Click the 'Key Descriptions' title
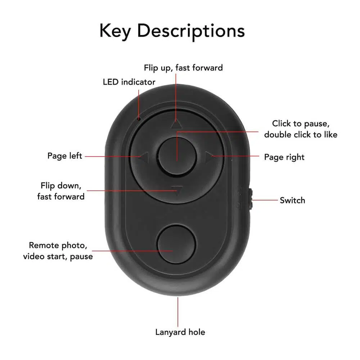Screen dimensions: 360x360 point(172,32)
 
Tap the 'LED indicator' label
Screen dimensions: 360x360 point(129,82)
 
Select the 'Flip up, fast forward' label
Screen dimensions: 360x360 point(183,68)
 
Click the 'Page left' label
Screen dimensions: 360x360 point(65,156)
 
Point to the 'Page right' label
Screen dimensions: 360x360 point(284,157)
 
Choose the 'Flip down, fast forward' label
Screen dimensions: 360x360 point(61,191)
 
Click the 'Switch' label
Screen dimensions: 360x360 point(292,200)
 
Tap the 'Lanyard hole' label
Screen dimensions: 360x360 point(180,332)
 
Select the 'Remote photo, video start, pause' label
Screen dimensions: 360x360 point(58,251)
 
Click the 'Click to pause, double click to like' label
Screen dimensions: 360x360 point(301,129)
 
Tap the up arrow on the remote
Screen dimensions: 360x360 point(176,124)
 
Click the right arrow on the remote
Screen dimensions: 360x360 point(209,156)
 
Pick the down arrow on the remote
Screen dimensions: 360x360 point(176,190)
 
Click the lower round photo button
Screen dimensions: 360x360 point(176,245)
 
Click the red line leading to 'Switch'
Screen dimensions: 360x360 point(265,200)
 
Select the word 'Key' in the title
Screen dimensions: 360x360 point(116,31)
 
